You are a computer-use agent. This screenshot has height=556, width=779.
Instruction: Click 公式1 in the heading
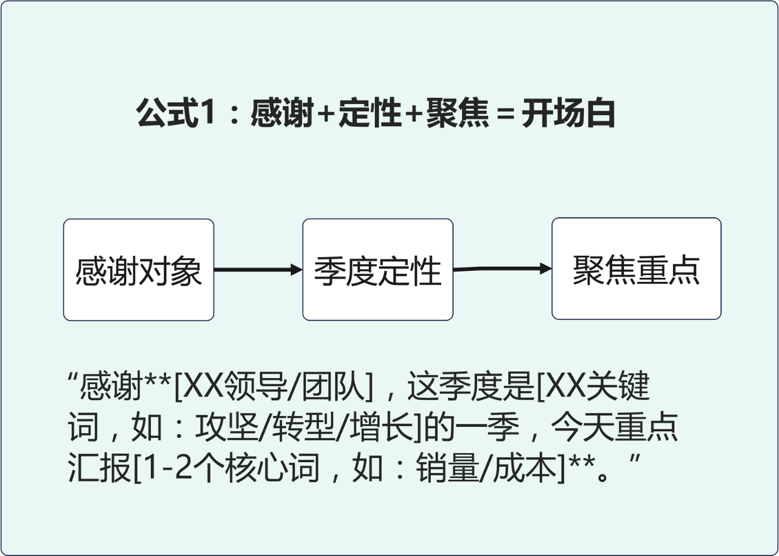[x=176, y=114]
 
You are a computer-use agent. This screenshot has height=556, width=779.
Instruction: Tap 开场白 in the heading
[x=568, y=114]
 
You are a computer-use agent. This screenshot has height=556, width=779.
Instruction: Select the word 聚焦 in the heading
[x=457, y=114]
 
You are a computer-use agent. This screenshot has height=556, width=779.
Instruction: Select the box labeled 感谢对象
[x=139, y=270]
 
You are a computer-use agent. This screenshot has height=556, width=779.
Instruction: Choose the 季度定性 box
[x=378, y=270]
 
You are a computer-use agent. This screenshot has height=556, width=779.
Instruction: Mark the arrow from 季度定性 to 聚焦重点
[x=502, y=269]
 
